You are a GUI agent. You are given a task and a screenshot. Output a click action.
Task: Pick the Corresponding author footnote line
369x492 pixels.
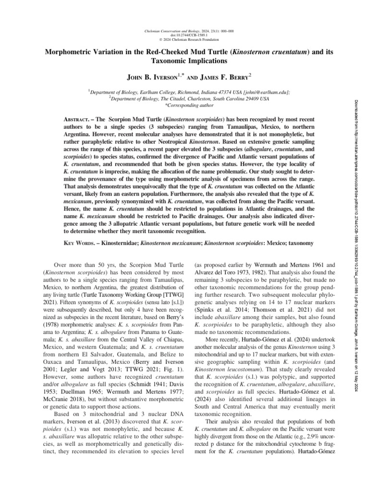[184, 103]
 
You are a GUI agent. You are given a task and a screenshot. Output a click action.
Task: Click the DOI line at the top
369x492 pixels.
[184, 35]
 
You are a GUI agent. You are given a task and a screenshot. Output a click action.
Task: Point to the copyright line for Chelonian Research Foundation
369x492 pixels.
[184, 39]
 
